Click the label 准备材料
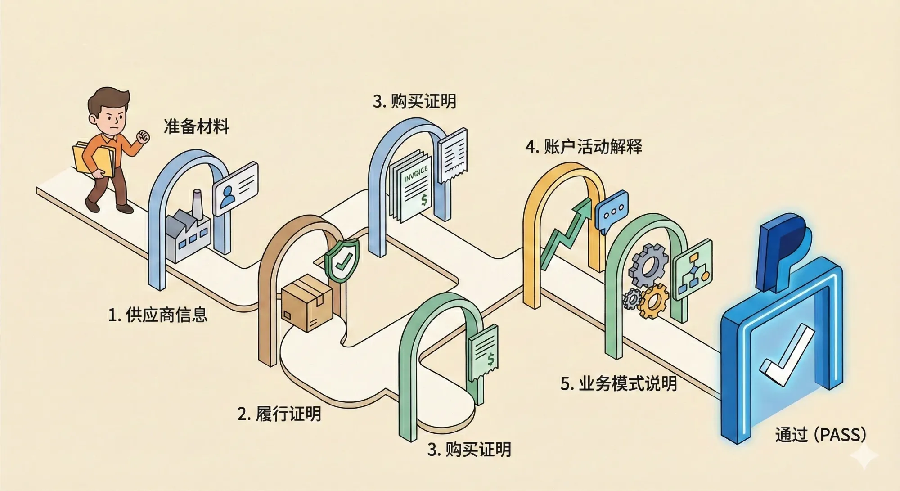196,126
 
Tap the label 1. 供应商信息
157,315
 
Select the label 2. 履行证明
279,414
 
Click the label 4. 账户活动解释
584,147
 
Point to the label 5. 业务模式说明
619,383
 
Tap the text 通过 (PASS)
820,435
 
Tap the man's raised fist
143,136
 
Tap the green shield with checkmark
342,260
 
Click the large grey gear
648,266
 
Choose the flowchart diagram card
693,269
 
